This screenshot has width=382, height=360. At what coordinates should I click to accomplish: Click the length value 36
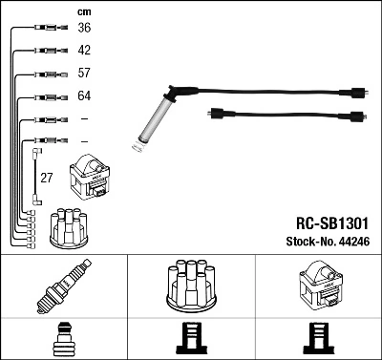click(x=84, y=29)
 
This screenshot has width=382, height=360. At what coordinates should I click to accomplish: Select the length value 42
click(x=84, y=51)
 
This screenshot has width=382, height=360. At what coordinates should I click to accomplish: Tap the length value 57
click(x=84, y=74)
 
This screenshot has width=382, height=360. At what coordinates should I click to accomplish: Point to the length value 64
click(x=84, y=96)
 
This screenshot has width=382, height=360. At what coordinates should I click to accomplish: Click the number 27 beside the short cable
click(x=46, y=178)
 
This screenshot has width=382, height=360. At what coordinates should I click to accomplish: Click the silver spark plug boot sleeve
click(x=151, y=122)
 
